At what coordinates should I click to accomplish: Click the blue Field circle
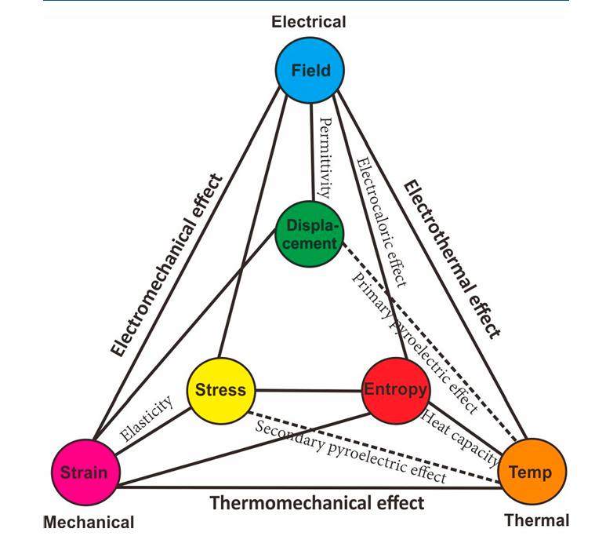pos(310,71)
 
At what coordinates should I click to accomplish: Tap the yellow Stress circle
pos(220,389)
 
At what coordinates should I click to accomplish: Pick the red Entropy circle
pos(395,389)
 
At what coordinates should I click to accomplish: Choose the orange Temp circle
pos(530,472)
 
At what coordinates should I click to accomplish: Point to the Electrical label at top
pos(308,22)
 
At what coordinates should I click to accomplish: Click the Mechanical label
pos(89,522)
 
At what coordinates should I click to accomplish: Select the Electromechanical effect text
pos(167,265)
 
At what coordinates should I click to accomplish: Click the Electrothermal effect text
pos(451,259)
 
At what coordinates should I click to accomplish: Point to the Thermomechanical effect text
pos(317,502)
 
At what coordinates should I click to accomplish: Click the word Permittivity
pos(327,157)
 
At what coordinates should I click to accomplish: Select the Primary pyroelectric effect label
pos(414,344)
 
